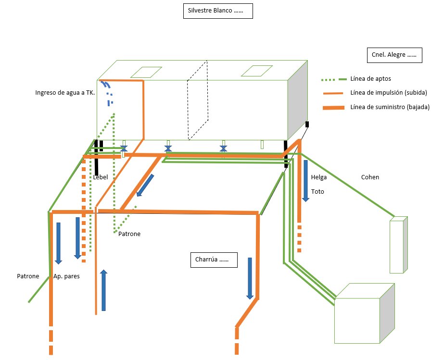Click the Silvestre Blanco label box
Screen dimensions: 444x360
pyautogui.click(x=218, y=11)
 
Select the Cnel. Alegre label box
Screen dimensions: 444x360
pyautogui.click(x=394, y=55)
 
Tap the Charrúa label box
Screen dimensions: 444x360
pyautogui.click(x=214, y=260)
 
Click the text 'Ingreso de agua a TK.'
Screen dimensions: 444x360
pyautogui.click(x=65, y=93)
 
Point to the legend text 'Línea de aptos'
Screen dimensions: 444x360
pyautogui.click(x=371, y=79)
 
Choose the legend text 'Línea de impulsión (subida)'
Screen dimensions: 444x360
pyautogui.click(x=389, y=93)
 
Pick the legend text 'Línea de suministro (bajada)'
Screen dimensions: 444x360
pyautogui.click(x=390, y=107)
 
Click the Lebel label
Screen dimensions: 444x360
pyautogui.click(x=101, y=177)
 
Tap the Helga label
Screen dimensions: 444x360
pyautogui.click(x=319, y=177)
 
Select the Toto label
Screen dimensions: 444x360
pyautogui.click(x=317, y=192)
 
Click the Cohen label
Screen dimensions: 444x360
pyautogui.click(x=370, y=177)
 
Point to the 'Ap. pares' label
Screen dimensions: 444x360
pyautogui.click(x=66, y=276)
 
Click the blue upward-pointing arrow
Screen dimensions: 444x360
pyautogui.click(x=103, y=290)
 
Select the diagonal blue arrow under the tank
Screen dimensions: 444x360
pyautogui.click(x=145, y=186)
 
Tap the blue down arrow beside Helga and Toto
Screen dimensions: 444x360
pyautogui.click(x=305, y=181)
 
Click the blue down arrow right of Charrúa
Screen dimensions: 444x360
pyautogui.click(x=250, y=278)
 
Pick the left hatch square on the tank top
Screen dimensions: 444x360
pyautogui.click(x=146, y=72)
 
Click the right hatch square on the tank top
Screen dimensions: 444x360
pyautogui.click(x=257, y=71)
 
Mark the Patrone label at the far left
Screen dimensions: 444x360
pyautogui.click(x=28, y=276)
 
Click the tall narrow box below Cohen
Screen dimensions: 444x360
pyautogui.click(x=399, y=245)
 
